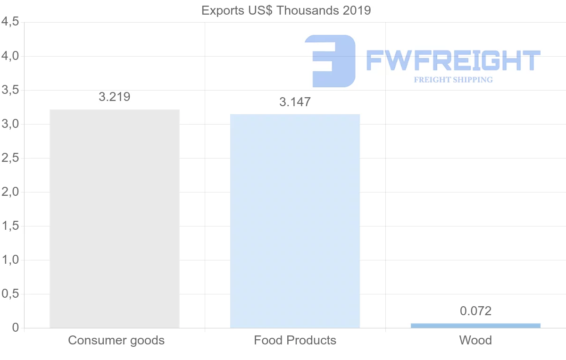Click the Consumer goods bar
coord(115,218)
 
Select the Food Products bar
coord(295,221)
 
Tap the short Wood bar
coord(475,326)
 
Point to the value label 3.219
coord(115,97)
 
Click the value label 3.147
coord(295,102)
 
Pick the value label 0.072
coord(475,311)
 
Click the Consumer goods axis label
coord(116,341)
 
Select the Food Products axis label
coord(295,340)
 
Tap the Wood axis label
coord(475,340)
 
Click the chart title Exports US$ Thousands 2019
coord(286,11)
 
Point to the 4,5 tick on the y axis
coord(10,22)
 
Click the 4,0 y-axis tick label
coord(10,56)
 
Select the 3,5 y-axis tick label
coord(10,90)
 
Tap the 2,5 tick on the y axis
coord(10,158)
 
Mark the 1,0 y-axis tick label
coord(10,260)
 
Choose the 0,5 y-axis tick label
coord(10,294)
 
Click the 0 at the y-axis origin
coord(16,327)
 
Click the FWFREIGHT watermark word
coord(453,60)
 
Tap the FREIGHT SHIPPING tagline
coord(453,80)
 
